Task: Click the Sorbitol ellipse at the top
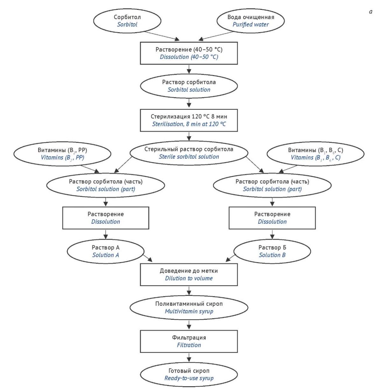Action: tap(127, 21)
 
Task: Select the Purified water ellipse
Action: tap(251, 21)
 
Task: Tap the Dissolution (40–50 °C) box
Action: tap(189, 53)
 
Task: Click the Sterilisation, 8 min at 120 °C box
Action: tap(189, 120)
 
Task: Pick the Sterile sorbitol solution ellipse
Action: tap(189, 153)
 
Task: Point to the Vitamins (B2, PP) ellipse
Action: tap(62, 154)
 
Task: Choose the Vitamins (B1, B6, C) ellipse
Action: tap(315, 154)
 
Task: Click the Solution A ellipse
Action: tap(106, 251)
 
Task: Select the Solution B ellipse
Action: tap(272, 251)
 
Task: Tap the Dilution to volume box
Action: tap(189, 275)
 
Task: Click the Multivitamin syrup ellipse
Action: tap(189, 307)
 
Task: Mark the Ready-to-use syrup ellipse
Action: tap(189, 374)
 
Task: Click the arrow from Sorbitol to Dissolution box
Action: tap(162, 36)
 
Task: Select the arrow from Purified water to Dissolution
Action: tap(216, 36)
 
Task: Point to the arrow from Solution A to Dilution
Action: tap(147, 258)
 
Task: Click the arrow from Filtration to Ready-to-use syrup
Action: tap(189, 358)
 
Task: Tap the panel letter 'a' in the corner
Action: tap(371, 12)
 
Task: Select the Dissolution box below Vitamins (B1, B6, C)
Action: tap(272, 218)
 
